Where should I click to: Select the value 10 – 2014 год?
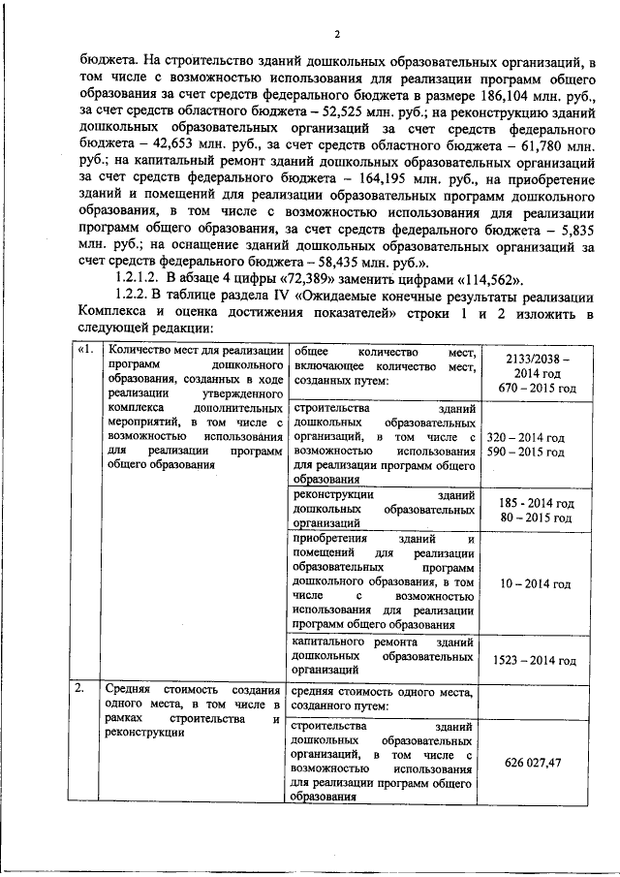[x=535, y=584]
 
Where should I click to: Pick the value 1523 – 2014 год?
[x=535, y=660]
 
